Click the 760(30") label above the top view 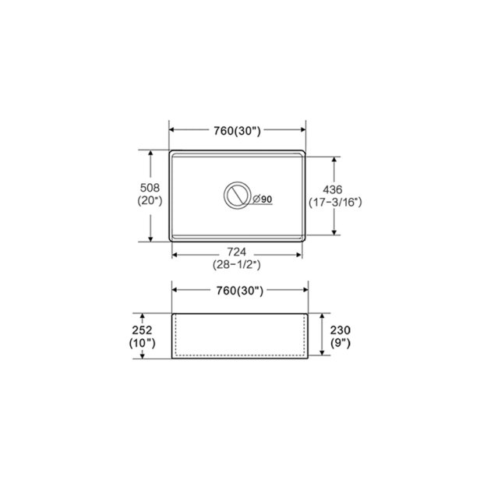pyautogui.click(x=237, y=131)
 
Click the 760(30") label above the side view pyautogui.click(x=237, y=291)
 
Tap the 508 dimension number pyautogui.click(x=150, y=187)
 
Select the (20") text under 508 pyautogui.click(x=150, y=200)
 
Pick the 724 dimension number pyautogui.click(x=237, y=252)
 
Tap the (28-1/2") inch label pyautogui.click(x=237, y=265)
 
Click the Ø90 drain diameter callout pyautogui.click(x=262, y=199)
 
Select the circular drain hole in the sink pyautogui.click(x=236, y=196)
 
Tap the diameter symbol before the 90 pyautogui.click(x=256, y=199)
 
